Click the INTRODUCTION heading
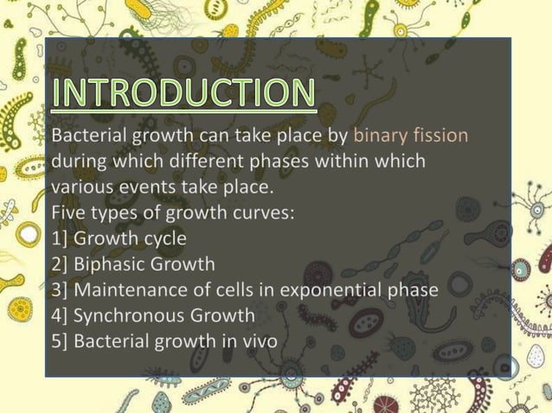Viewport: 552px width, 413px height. [183, 94]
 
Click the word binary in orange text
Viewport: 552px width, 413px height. [381, 136]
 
